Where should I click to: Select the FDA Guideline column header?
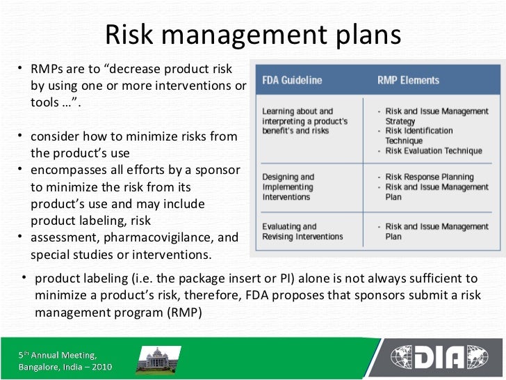(292, 80)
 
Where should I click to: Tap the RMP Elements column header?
(408, 80)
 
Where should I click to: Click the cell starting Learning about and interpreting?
(304, 120)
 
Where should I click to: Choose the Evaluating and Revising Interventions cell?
(302, 231)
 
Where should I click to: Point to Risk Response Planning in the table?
(430, 177)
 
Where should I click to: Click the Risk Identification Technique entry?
(419, 135)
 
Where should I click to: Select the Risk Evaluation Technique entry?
(434, 150)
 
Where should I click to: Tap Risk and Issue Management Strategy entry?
(436, 116)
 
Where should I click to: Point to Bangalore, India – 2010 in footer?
(64, 367)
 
